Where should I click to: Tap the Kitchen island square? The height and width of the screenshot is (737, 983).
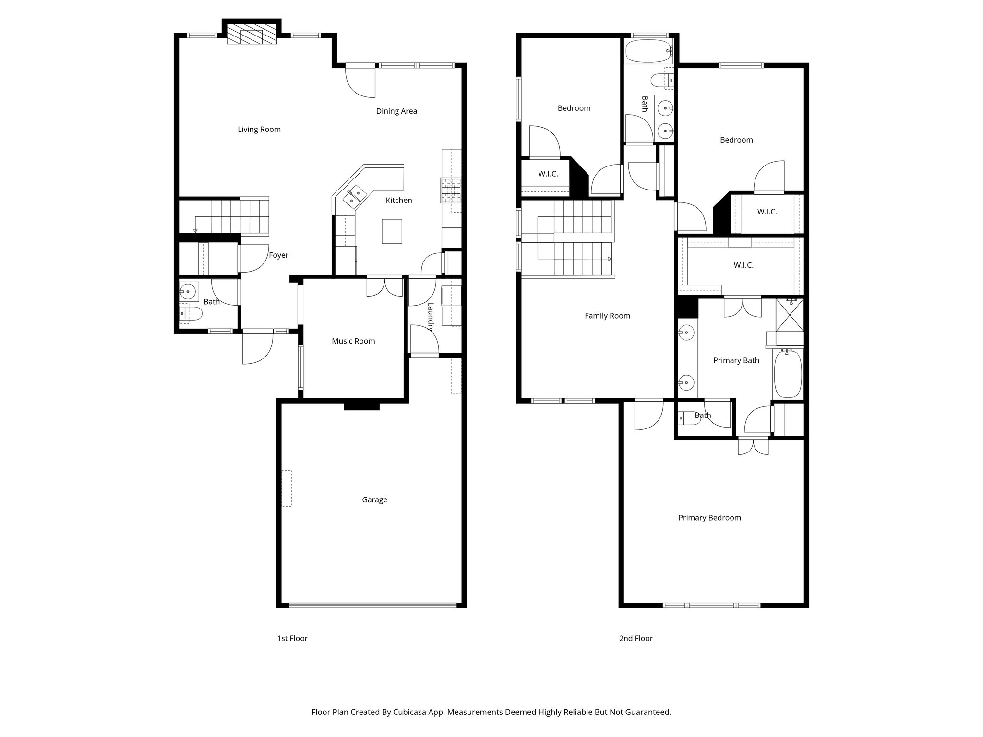click(x=392, y=231)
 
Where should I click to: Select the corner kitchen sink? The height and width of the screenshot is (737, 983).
click(x=355, y=196)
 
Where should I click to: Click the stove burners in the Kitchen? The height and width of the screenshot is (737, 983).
click(x=451, y=190)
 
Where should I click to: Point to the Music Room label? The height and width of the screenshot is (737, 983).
click(x=353, y=341)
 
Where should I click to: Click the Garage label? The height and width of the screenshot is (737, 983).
click(x=374, y=499)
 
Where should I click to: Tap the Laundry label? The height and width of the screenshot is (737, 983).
click(x=431, y=317)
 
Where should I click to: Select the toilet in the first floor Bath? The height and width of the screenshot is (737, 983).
click(x=190, y=314)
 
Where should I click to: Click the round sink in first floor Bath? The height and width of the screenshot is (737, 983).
click(x=188, y=291)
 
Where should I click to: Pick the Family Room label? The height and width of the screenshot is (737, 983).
click(x=607, y=316)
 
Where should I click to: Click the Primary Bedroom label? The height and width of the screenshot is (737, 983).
click(x=709, y=518)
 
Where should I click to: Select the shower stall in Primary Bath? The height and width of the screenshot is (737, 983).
click(x=790, y=315)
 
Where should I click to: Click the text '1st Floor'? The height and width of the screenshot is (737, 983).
click(x=292, y=638)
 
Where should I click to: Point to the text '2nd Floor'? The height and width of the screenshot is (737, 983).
click(x=635, y=638)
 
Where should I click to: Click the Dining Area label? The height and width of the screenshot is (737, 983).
click(x=396, y=111)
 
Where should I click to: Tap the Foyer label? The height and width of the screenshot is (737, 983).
click(x=278, y=255)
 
